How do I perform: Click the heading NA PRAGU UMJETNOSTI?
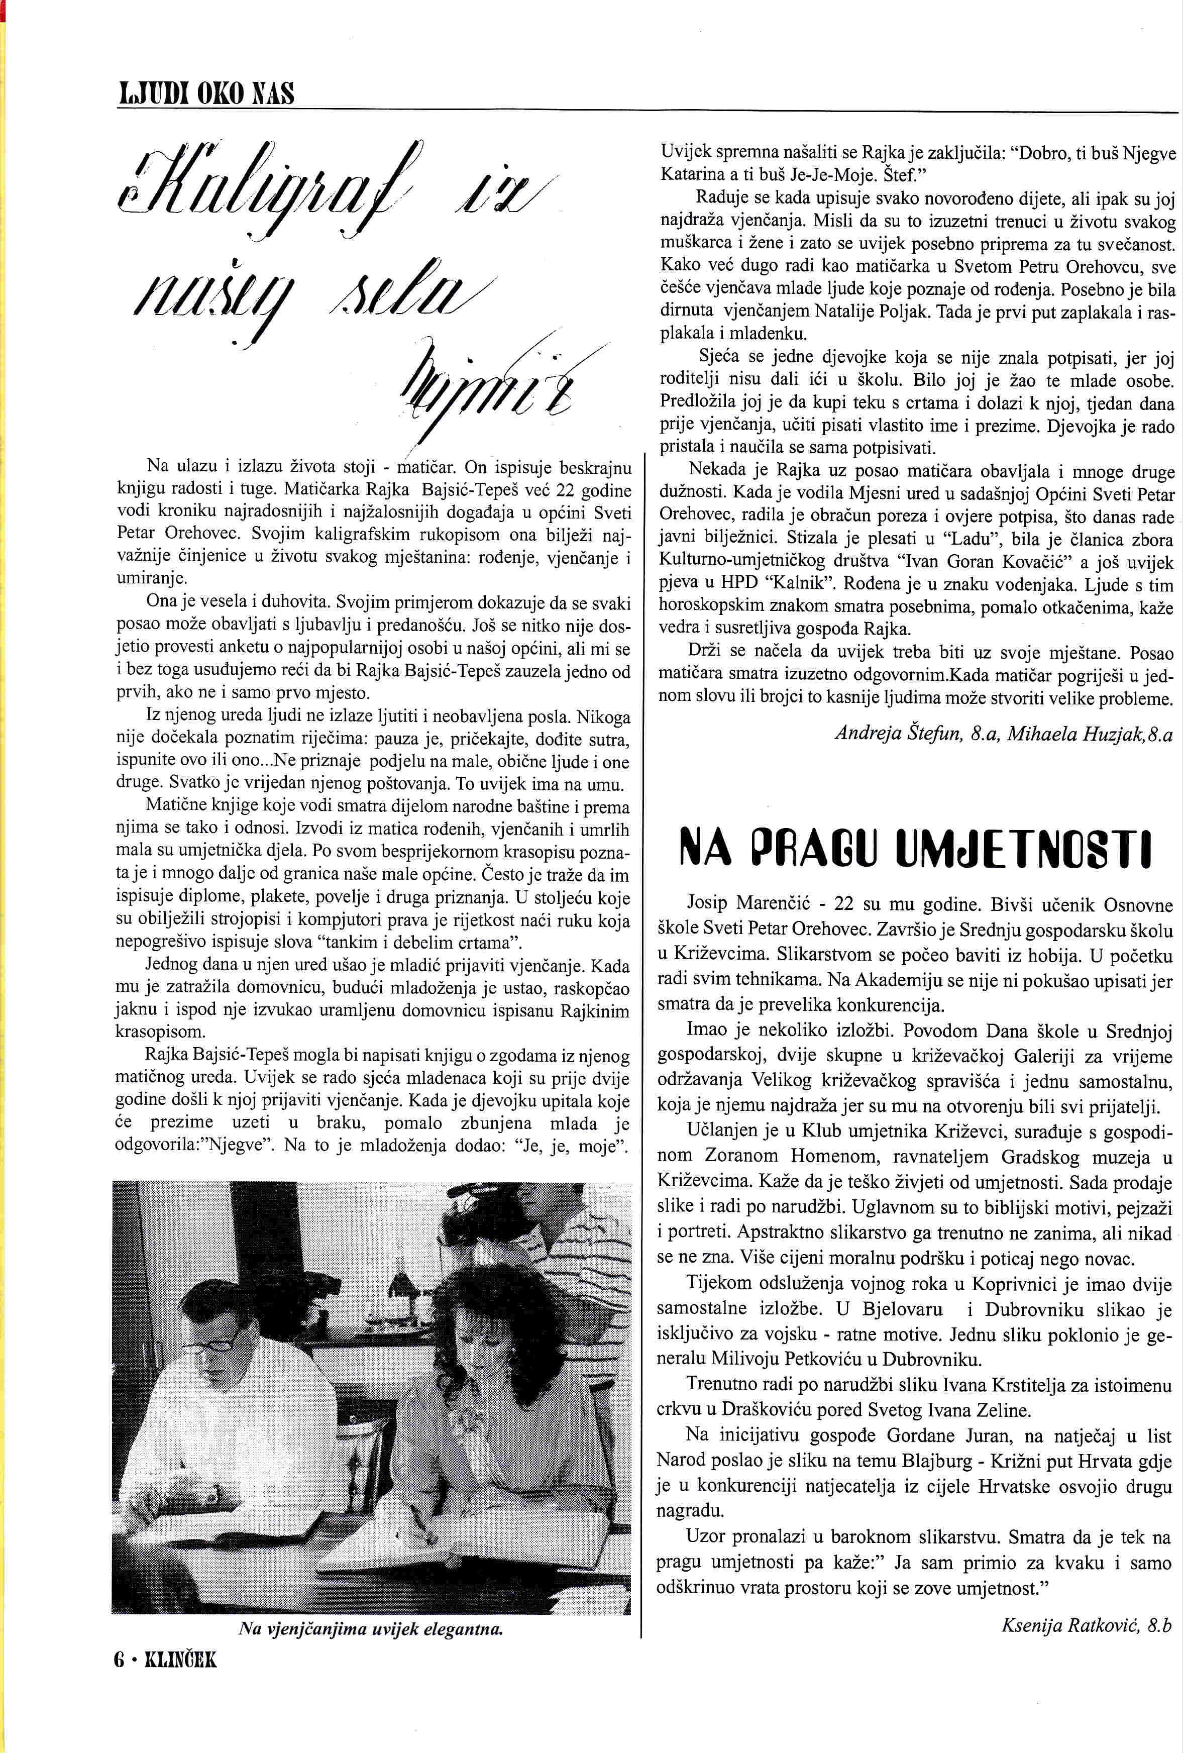pyautogui.click(x=915, y=847)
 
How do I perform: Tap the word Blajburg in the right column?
pyautogui.click(x=936, y=1460)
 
